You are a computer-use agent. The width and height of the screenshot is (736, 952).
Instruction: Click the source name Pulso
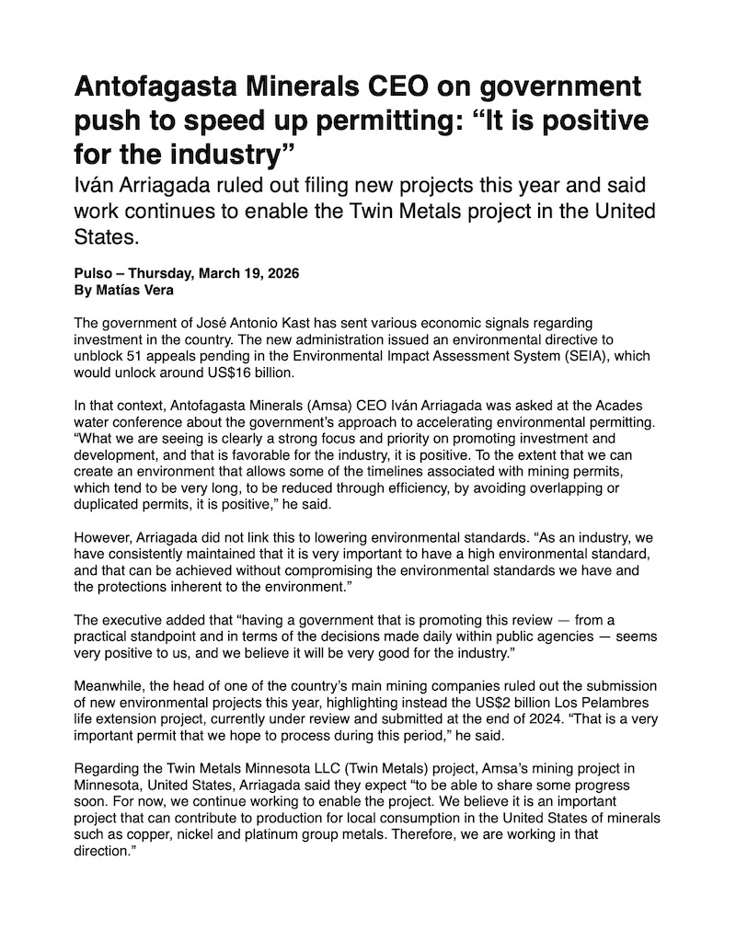pyautogui.click(x=93, y=274)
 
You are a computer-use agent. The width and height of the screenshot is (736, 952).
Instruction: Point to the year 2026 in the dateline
pyautogui.click(x=282, y=274)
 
